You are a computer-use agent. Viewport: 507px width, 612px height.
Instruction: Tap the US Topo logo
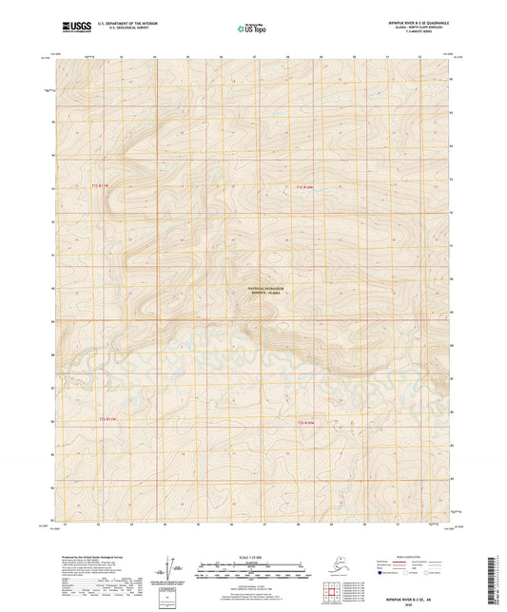point(253,29)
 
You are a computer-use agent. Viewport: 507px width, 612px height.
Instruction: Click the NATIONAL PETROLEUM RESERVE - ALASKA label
point(267,290)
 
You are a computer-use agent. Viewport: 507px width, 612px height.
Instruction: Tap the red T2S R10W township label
point(303,422)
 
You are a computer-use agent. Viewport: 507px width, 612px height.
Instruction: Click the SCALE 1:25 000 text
point(253,556)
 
